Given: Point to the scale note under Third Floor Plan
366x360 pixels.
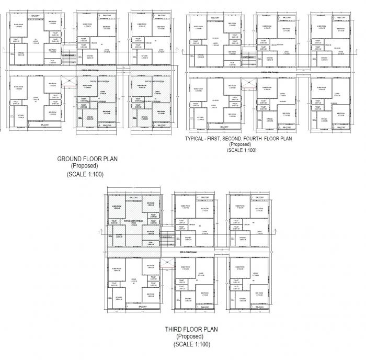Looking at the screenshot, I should click(x=192, y=344).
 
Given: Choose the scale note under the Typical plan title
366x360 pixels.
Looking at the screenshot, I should click(x=241, y=150).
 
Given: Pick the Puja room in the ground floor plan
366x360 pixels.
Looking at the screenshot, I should click(x=52, y=61).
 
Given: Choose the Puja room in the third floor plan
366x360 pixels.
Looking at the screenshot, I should click(x=150, y=243).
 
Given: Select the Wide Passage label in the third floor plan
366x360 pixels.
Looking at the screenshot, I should click(x=188, y=253).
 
